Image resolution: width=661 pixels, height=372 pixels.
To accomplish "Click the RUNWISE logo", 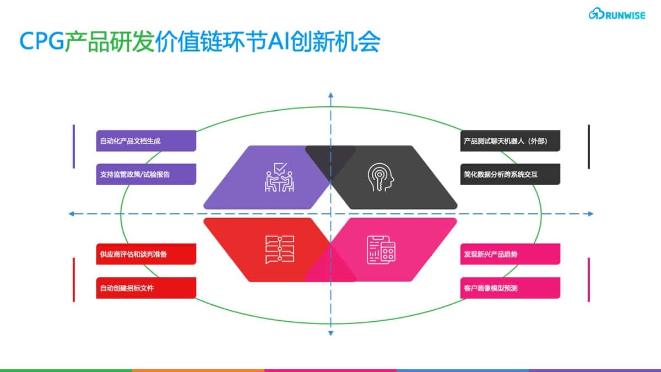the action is [x=617, y=14].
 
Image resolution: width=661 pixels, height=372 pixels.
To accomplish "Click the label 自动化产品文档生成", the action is [x=146, y=141].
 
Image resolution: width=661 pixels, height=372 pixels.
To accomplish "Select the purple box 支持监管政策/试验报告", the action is [x=146, y=174].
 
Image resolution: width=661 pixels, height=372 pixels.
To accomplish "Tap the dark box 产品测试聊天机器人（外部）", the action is [x=510, y=141].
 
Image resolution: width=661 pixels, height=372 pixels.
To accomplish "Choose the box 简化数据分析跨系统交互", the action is [x=510, y=174].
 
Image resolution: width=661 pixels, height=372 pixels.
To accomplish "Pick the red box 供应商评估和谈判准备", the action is [x=146, y=254].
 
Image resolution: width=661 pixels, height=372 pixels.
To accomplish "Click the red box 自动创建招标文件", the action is [x=146, y=288].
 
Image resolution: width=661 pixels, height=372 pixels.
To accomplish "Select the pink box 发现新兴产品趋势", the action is [x=510, y=254].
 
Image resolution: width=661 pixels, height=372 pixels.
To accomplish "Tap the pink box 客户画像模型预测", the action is [x=510, y=288].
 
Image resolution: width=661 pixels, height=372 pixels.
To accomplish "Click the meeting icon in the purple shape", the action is [x=279, y=177].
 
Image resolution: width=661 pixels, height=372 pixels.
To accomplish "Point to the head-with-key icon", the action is [x=381, y=177].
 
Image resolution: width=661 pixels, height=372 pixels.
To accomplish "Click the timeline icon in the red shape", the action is [x=280, y=250].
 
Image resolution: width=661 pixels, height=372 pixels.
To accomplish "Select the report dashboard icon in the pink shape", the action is [x=381, y=250].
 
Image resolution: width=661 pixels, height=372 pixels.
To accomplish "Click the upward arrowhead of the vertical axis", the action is [x=331, y=95].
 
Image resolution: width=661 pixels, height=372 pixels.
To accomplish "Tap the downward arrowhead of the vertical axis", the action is [x=331, y=333].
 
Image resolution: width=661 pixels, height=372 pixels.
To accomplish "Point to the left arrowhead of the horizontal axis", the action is [x=71, y=214].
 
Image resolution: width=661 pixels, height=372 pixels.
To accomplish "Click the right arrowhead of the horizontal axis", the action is [x=590, y=214].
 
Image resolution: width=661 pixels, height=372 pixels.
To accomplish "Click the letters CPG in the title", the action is [x=42, y=41].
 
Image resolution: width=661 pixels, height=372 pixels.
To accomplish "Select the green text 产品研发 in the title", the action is [x=110, y=42].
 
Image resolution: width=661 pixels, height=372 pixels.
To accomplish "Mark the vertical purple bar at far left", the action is [x=74, y=147].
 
